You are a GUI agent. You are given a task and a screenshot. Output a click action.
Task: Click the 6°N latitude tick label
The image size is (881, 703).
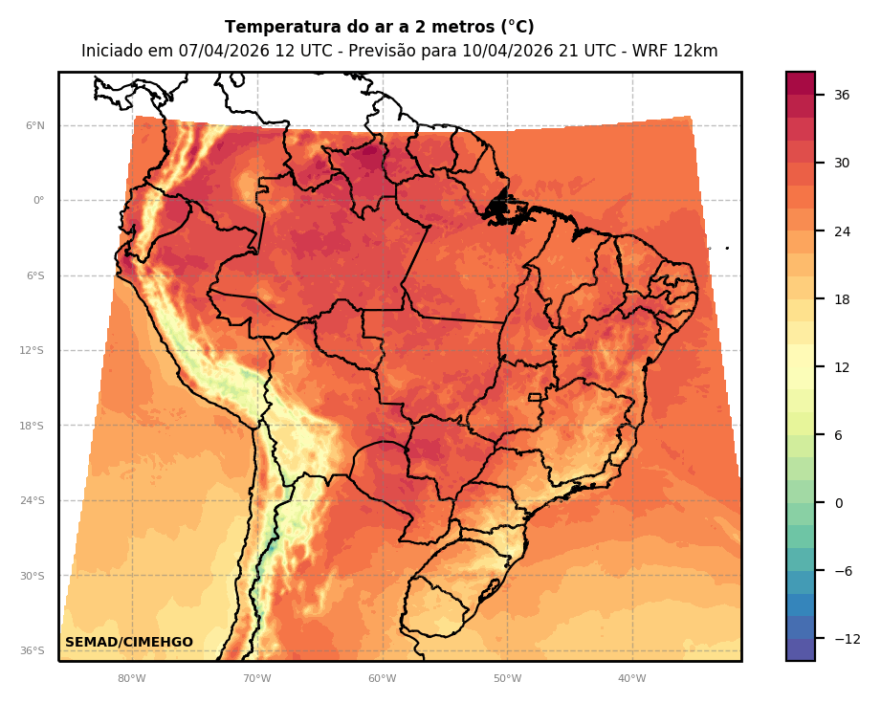coord(35,125)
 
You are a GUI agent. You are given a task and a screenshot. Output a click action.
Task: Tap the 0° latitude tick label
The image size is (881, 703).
coord(38,201)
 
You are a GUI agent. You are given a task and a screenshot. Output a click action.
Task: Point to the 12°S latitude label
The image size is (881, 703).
coord(32,351)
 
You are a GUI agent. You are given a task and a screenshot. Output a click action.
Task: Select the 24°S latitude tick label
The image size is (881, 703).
coord(32,501)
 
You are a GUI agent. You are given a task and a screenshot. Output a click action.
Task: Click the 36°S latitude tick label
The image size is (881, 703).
coord(32,651)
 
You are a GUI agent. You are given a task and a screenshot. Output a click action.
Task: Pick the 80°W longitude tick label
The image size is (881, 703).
coord(132,679)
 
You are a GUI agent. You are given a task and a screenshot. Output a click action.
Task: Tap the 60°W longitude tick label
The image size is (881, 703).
coord(382,679)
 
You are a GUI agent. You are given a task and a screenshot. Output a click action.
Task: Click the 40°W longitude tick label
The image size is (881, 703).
coord(631,679)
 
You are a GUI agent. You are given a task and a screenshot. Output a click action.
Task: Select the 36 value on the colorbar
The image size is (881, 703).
coord(842,95)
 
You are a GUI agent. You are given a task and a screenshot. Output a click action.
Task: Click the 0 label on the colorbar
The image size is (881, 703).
coord(839,503)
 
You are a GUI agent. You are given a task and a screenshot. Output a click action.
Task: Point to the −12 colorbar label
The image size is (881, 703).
coord(846,639)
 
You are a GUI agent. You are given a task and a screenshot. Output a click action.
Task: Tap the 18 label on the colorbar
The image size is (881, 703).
coord(842,299)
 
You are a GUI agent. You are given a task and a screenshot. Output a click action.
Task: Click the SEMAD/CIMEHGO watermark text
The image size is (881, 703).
coord(129,642)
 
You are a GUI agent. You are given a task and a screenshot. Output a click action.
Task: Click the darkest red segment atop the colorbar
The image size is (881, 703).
coord(801,83)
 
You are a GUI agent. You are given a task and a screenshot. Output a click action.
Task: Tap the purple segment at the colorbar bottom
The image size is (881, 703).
coord(801,649)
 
